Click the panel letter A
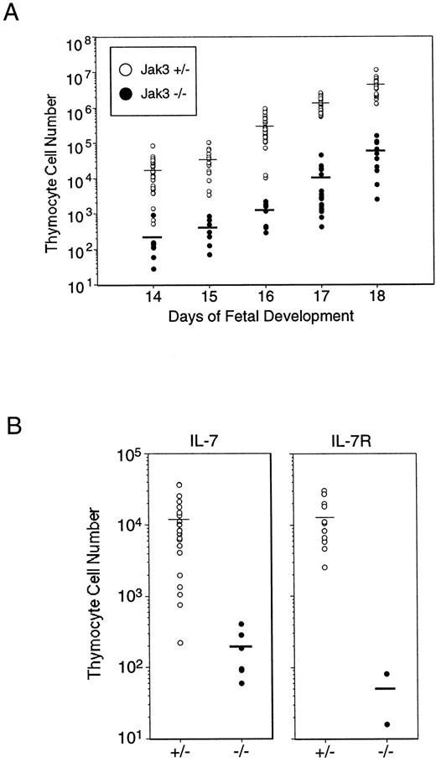(x=12, y=14)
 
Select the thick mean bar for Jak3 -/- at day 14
(x=153, y=237)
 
